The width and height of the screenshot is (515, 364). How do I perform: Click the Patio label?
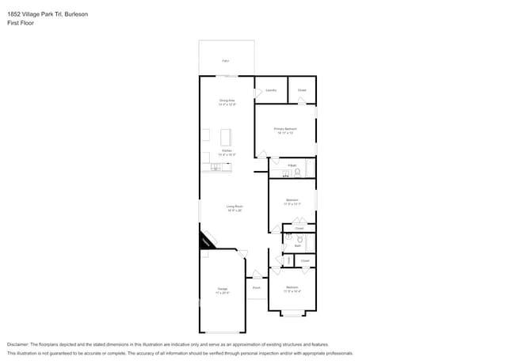pyautogui.click(x=226, y=61)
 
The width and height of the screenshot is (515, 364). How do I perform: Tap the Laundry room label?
pyautogui.click(x=270, y=90)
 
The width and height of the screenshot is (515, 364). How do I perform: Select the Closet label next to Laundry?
pyautogui.click(x=302, y=90)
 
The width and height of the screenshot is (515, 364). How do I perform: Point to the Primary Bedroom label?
pyautogui.click(x=285, y=129)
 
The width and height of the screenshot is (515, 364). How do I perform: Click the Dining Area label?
pyautogui.click(x=227, y=101)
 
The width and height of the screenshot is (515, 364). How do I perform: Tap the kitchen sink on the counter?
pyautogui.click(x=216, y=168)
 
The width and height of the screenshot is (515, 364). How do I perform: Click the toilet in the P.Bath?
pyautogui.click(x=298, y=171)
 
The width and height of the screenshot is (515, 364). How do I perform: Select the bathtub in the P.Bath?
pyautogui.click(x=311, y=168)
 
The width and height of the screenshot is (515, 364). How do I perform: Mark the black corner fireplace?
pyautogui.click(x=206, y=239)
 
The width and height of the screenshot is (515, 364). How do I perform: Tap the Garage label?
pyautogui.click(x=223, y=290)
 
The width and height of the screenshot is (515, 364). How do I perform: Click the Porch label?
pyautogui.click(x=257, y=288)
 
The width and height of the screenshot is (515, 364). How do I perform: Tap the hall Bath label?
pyautogui.click(x=298, y=246)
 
